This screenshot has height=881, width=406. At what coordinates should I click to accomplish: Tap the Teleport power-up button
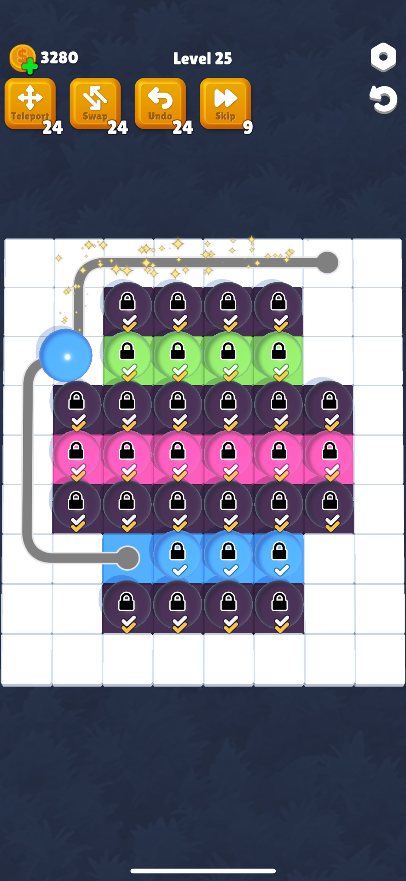[30, 103]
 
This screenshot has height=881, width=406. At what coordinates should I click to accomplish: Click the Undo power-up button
[160, 103]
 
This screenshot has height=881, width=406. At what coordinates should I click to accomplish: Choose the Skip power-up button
[225, 103]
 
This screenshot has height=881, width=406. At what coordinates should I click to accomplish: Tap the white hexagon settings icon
[383, 57]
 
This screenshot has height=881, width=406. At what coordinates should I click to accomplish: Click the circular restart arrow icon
[383, 99]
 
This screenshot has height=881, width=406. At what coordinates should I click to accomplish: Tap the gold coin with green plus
[23, 58]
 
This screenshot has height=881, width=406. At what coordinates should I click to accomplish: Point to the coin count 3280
[59, 57]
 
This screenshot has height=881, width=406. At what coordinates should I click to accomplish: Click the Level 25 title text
[203, 59]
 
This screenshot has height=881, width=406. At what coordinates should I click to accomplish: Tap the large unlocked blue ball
[65, 355]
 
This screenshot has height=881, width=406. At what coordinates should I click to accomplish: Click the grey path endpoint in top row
[327, 263]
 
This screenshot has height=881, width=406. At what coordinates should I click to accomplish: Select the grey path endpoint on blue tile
[127, 558]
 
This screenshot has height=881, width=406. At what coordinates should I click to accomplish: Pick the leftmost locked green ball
[127, 356]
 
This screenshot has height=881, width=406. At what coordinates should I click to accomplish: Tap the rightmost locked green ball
[278, 356]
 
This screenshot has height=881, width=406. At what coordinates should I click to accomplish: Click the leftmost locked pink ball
[76, 455]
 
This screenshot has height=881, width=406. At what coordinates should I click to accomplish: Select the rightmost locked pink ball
[329, 455]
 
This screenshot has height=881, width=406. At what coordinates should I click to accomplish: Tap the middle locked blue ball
[228, 555]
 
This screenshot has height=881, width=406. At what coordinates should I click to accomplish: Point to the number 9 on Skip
[248, 127]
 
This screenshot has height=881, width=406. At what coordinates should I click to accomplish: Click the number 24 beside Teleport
[53, 127]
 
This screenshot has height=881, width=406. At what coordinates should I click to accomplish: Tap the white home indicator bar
[203, 870]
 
